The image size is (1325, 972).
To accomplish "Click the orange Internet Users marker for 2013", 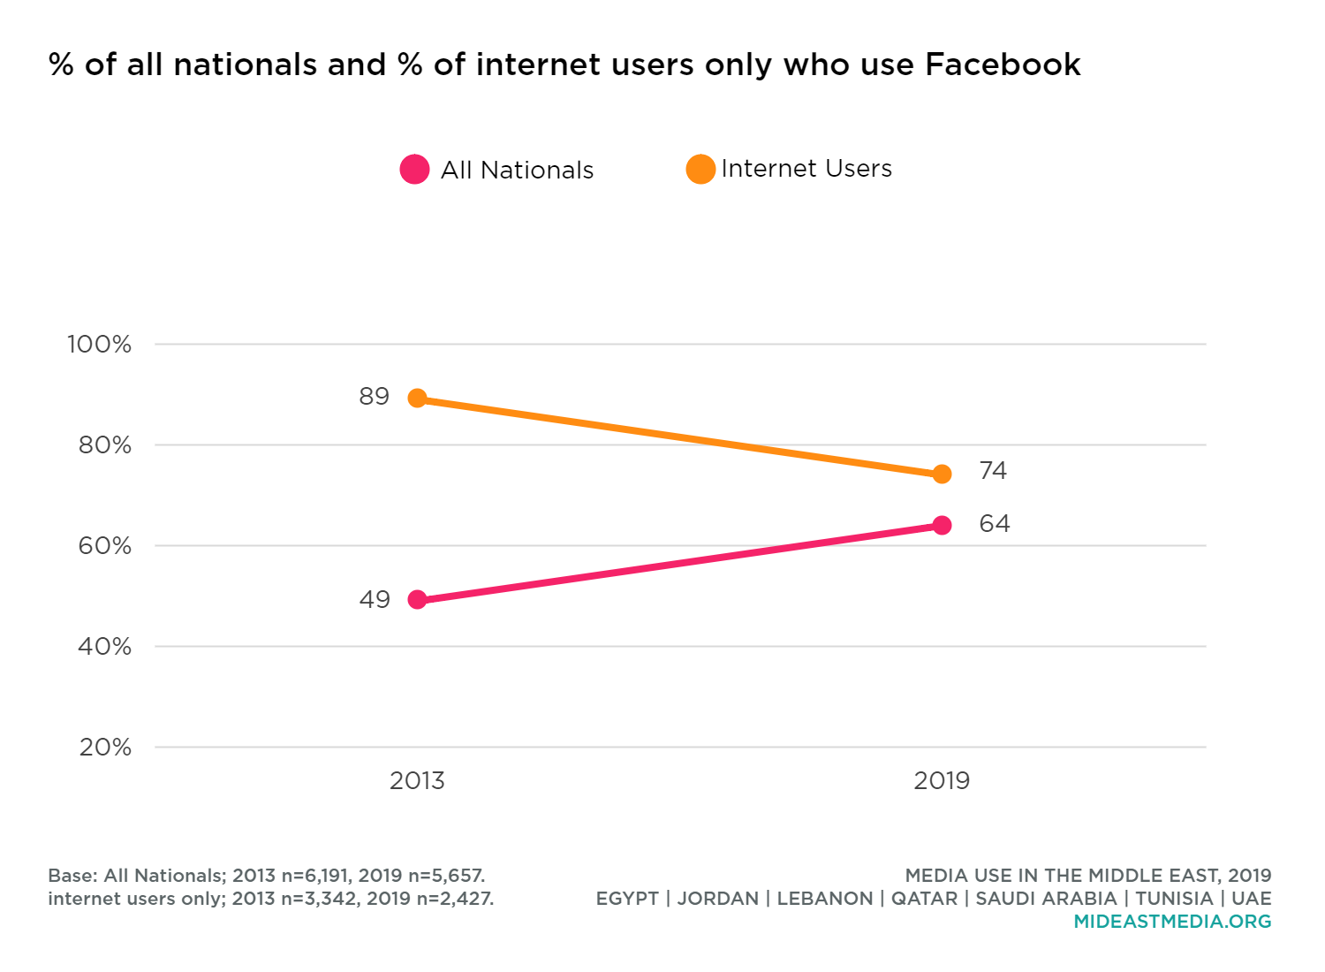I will coord(417,399).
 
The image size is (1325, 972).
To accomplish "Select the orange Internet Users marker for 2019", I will coord(942,475).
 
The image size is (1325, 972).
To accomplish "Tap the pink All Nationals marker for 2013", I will coord(417,600).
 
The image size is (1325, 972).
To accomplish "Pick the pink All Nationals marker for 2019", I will coord(942,526).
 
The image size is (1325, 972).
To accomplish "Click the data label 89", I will coord(374,397).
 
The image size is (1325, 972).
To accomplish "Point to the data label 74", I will coord(993,471).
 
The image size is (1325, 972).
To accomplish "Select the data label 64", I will coord(994,524).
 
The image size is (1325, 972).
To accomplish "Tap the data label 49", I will coord(375,600).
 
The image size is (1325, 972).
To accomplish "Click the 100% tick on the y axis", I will coord(99,345).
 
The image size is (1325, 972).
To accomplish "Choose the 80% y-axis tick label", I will coord(104,445).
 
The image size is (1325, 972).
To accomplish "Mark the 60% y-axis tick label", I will coord(104,546).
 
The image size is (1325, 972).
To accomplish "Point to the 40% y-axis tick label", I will coord(104,647).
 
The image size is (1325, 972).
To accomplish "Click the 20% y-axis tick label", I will coord(104,748).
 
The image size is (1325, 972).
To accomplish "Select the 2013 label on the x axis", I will coord(417,781).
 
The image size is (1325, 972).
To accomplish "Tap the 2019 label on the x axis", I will coord(942,781).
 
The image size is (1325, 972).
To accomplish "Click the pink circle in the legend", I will coord(414,169).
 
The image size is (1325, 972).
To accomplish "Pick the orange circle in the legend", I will coord(700,169).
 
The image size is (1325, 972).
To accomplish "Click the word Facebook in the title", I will coord(1003,65).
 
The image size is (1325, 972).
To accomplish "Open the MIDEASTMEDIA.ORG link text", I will coord(1172,922).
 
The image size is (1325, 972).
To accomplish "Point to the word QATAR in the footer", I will coord(925,899).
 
